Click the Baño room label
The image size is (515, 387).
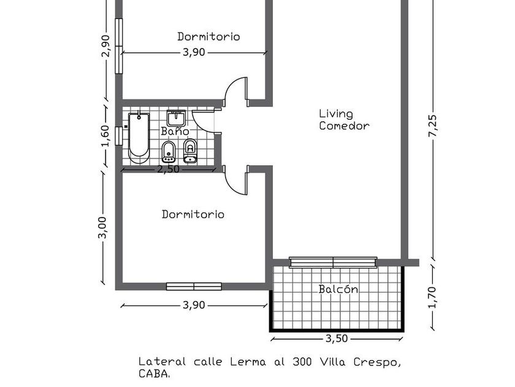(x=175, y=131)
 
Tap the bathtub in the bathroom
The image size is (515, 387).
(x=139, y=136)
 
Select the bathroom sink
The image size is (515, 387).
(x=177, y=117)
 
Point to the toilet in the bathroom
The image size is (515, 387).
(x=190, y=150)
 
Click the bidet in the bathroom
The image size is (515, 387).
(x=169, y=151)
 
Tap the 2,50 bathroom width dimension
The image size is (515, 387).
(x=168, y=169)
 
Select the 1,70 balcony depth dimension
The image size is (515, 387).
(x=433, y=298)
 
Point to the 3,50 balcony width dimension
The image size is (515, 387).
(x=337, y=338)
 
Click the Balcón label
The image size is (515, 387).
(x=338, y=289)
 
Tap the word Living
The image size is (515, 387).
(x=336, y=114)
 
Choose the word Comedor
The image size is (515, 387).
(x=344, y=126)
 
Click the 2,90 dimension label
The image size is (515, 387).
(x=105, y=45)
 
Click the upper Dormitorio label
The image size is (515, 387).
(x=208, y=36)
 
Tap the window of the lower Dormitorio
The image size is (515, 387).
(x=194, y=286)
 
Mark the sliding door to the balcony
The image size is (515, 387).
(x=332, y=262)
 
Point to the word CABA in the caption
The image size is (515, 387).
(x=153, y=373)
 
